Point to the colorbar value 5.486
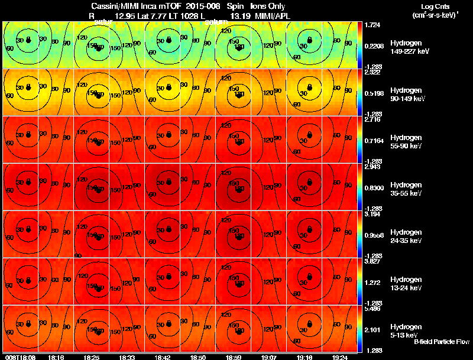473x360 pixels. (x=372, y=309)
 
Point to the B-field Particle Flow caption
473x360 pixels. (x=442, y=342)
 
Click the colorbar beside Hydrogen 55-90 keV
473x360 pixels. (x=361, y=140)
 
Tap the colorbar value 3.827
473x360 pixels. (x=372, y=262)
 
